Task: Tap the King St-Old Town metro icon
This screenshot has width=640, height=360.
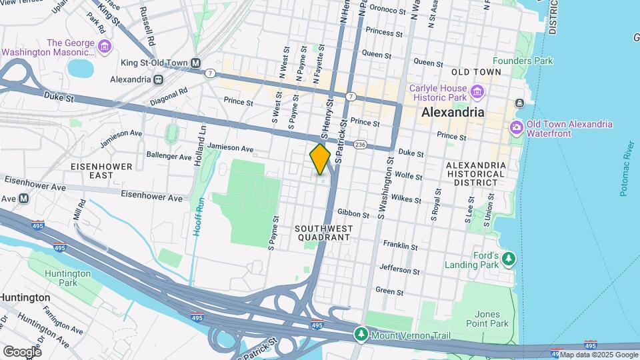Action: tap(196, 63)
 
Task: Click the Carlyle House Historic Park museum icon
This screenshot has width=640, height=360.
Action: tap(476, 91)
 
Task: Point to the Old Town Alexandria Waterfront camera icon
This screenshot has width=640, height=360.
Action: tap(516, 127)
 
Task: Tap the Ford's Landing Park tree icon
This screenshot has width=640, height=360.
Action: tap(509, 258)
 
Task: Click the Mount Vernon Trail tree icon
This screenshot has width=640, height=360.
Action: tap(361, 333)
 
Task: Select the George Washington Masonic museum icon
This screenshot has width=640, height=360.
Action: tap(104, 47)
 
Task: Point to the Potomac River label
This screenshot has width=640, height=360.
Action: tap(624, 168)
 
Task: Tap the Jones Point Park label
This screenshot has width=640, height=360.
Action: tap(492, 319)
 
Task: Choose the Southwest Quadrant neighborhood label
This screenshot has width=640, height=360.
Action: tap(323, 233)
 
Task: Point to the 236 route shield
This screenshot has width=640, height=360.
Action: tap(361, 145)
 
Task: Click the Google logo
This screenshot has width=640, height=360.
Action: tap(22, 351)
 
